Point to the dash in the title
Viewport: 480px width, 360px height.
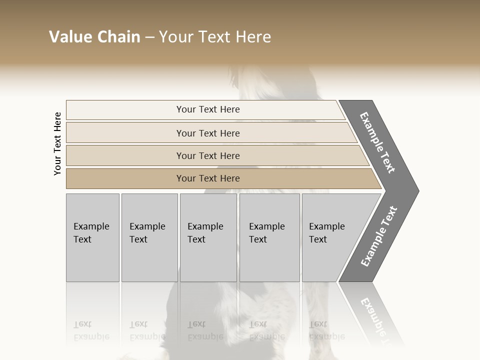pyautogui.click(x=149, y=37)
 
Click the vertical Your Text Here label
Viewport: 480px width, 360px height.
pyautogui.click(x=57, y=143)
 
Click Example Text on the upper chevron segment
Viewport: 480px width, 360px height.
pyautogui.click(x=377, y=142)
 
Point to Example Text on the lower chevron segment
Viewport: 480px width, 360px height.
pyautogui.click(x=378, y=236)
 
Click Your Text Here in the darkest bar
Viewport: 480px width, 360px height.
pyautogui.click(x=208, y=178)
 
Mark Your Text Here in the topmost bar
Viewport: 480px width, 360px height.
pyautogui.click(x=208, y=109)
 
